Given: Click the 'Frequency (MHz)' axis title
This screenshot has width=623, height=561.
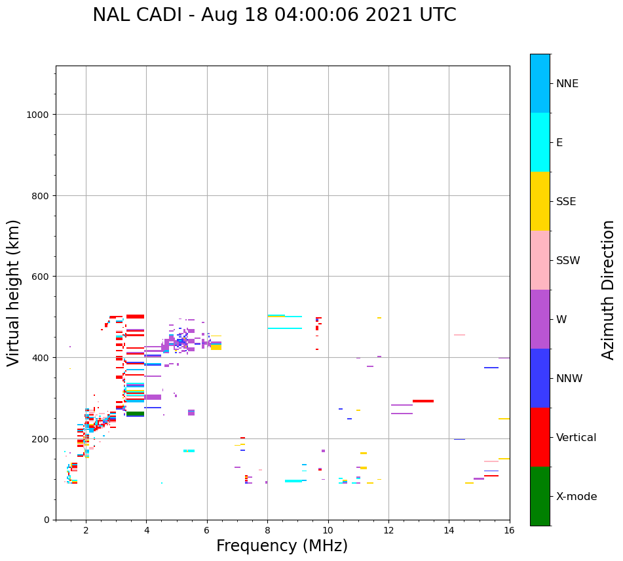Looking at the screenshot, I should (282, 546).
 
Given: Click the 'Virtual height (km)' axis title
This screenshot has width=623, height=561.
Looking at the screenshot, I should (14, 292).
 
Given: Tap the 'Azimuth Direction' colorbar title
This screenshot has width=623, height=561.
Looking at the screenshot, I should (609, 290).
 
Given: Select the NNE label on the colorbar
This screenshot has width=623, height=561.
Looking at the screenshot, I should (567, 83).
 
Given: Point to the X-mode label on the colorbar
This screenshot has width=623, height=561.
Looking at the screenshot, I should (576, 496).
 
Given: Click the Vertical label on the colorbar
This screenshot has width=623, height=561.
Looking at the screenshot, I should (576, 437).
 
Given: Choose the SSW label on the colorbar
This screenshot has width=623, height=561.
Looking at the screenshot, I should (568, 260).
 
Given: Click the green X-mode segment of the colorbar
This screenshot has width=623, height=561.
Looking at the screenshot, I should (540, 496).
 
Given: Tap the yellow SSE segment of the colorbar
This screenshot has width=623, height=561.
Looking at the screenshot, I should (540, 201).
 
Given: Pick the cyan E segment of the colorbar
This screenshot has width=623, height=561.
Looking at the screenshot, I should (540, 142).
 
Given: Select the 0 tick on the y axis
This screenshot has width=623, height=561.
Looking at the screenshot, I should (47, 520).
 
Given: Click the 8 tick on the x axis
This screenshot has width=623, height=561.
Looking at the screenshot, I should (267, 530).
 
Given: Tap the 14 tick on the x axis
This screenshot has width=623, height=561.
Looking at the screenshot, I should (449, 530).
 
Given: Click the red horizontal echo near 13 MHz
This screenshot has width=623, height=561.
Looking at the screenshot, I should (423, 401).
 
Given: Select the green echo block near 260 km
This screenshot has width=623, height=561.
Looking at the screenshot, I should (135, 414).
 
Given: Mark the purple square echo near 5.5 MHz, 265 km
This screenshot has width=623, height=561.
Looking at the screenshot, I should (191, 412).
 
